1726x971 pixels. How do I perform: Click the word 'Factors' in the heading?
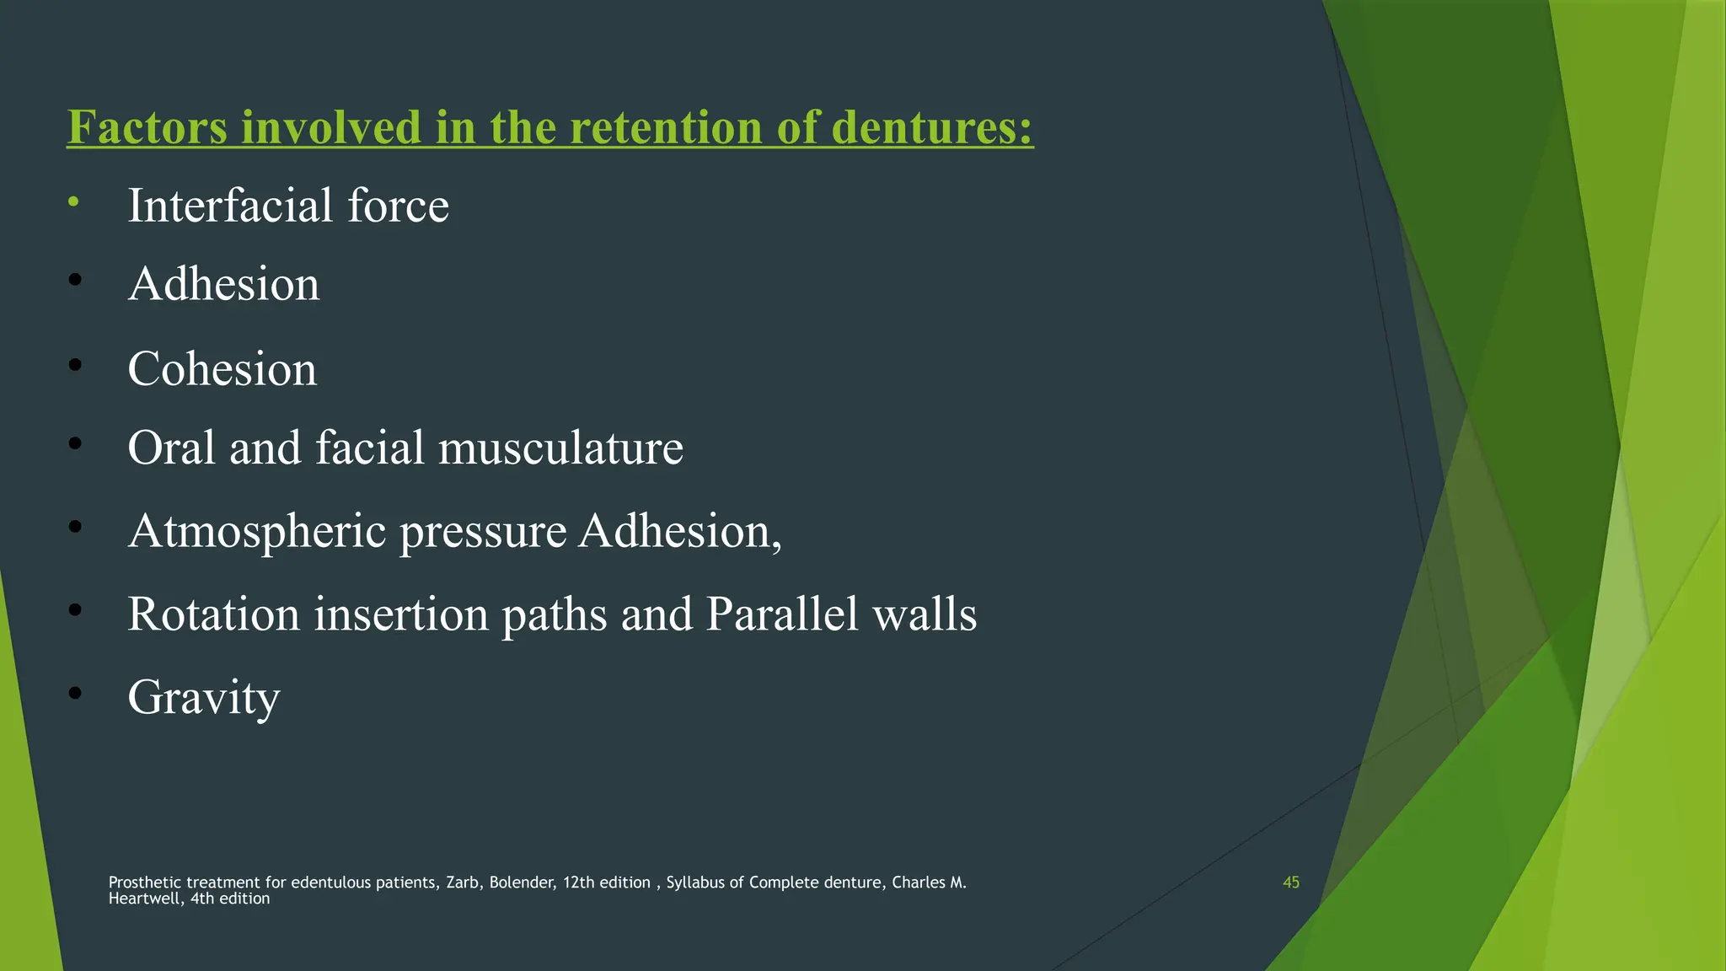[147, 127]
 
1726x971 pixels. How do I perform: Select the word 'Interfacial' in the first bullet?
[229, 206]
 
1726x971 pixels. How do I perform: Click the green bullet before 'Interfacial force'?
[74, 201]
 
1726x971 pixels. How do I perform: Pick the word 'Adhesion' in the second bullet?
[223, 284]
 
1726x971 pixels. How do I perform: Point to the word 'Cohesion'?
[222, 369]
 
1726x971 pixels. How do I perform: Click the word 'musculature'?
[560, 448]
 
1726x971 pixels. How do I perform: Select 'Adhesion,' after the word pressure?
[679, 532]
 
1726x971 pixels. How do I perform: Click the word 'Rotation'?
[213, 614]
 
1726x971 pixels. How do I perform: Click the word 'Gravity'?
[203, 697]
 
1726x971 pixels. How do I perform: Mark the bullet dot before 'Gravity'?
[75, 693]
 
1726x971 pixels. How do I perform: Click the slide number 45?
[1290, 882]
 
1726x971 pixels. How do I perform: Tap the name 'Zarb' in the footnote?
[463, 882]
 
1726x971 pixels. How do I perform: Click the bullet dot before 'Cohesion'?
[75, 365]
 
